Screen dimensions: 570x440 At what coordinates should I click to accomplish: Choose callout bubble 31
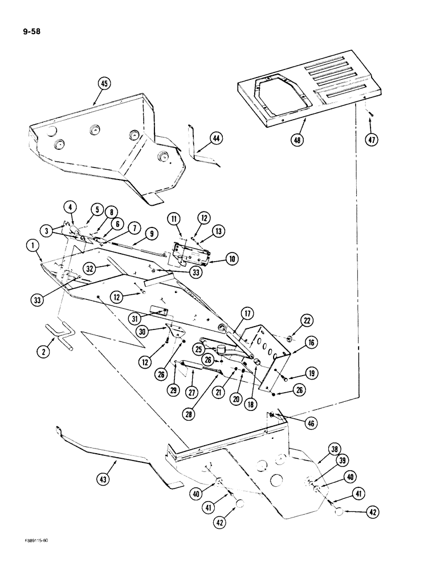tap(134, 318)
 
